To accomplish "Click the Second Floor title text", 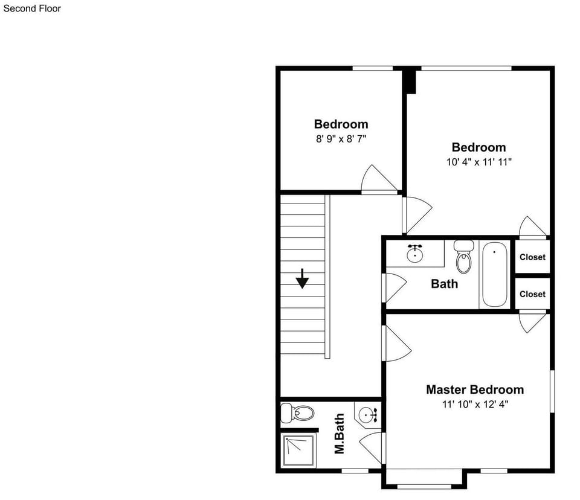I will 32,8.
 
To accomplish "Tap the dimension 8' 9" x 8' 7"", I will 341,139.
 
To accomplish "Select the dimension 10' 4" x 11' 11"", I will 479,162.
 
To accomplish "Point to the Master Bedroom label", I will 475,389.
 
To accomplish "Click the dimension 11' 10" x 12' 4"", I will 475,405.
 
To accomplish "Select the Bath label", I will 444,283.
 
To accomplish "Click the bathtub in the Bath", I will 495,274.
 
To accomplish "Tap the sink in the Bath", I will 414,254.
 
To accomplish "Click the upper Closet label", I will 532,257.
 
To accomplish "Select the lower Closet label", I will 532,294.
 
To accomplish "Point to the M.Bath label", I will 340,434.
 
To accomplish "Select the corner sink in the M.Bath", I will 368,415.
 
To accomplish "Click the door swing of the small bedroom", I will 378,180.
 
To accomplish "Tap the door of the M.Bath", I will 372,446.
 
